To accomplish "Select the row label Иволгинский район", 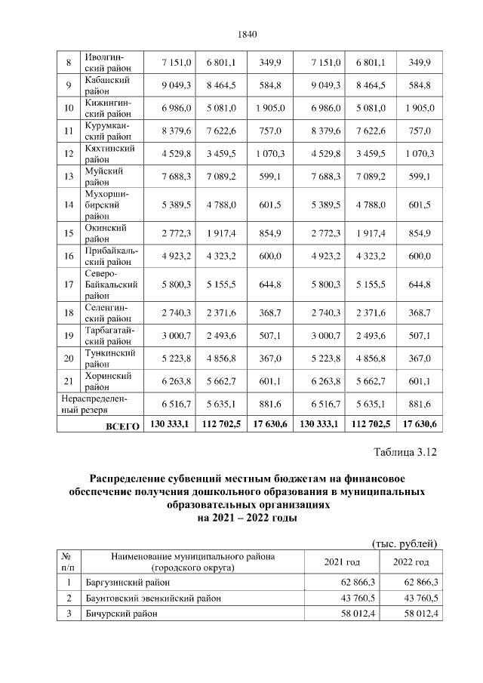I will click(103, 63).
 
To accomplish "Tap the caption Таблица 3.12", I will click(405, 453).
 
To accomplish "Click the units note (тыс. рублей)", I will click(405, 543).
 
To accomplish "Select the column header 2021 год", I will click(342, 562).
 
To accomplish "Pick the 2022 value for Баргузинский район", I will click(421, 583).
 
